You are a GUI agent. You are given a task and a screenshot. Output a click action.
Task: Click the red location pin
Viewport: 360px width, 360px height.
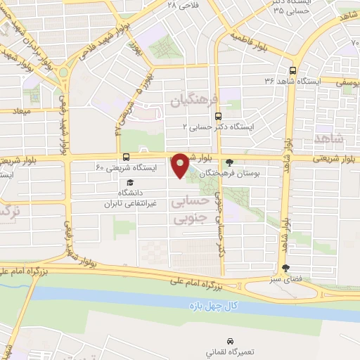pyautogui.click(x=180, y=165)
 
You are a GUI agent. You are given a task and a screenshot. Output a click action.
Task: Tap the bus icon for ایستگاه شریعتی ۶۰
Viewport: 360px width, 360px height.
pyautogui.click(x=126, y=157)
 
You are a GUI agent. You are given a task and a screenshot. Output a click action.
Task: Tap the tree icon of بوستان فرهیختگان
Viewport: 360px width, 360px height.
pyautogui.click(x=229, y=161)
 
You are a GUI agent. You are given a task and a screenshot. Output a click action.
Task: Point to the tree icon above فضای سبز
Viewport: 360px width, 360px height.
pyautogui.click(x=285, y=267)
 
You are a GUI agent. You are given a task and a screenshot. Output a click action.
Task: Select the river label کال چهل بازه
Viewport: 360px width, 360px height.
pyautogui.click(x=215, y=307)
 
